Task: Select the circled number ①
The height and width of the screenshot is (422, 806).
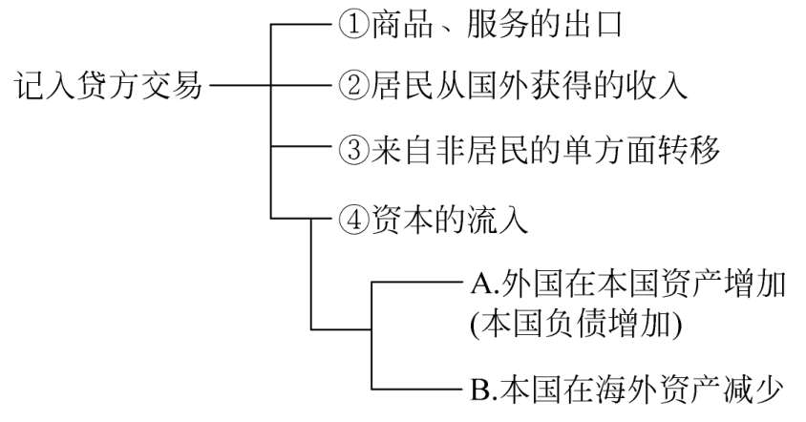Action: coord(351,24)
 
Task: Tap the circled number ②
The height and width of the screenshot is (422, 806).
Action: coord(351,87)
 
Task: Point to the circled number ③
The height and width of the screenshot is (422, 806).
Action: coord(351,150)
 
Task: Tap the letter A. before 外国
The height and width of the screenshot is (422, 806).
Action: coord(480,284)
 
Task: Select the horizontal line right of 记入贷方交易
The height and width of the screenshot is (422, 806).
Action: coord(239,87)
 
